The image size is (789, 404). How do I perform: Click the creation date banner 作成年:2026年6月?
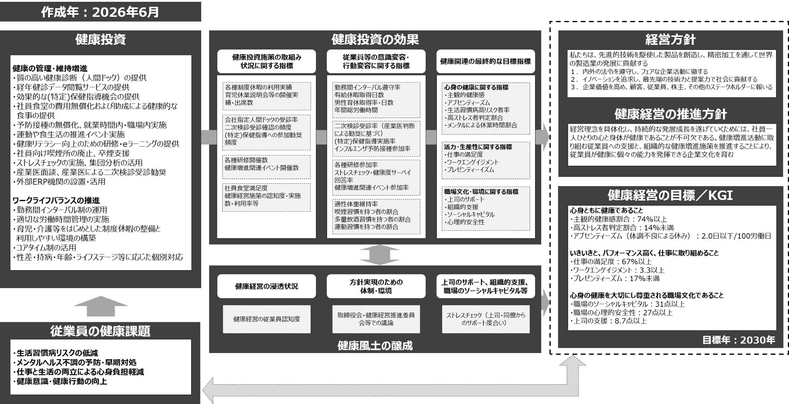pyautogui.click(x=100, y=12)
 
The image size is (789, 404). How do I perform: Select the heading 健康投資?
pyautogui.click(x=100, y=39)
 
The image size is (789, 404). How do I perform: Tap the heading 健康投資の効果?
pyautogui.click(x=375, y=39)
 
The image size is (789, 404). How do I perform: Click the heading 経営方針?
pyautogui.click(x=670, y=39)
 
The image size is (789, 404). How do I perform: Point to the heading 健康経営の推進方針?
pyautogui.click(x=670, y=114)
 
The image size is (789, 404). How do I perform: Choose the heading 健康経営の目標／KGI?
pyautogui.click(x=670, y=195)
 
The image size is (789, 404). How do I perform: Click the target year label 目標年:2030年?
pyautogui.click(x=738, y=340)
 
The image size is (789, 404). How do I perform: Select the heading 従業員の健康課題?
pyautogui.click(x=100, y=331)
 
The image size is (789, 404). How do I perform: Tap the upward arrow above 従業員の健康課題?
pyautogui.click(x=101, y=306)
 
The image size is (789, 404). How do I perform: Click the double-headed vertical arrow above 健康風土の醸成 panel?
pyautogui.click(x=379, y=255)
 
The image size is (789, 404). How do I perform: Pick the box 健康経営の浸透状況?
pyautogui.click(x=266, y=286)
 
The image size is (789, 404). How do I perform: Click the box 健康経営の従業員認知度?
pyautogui.click(x=266, y=319)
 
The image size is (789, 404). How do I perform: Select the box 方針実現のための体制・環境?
pyautogui.click(x=376, y=286)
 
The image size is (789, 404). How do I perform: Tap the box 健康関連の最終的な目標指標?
pyautogui.click(x=486, y=61)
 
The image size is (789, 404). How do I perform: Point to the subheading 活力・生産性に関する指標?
pyautogui.click(x=478, y=147)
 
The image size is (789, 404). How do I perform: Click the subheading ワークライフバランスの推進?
pyautogui.click(x=56, y=200)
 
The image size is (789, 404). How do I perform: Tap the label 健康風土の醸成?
pyautogui.click(x=375, y=346)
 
